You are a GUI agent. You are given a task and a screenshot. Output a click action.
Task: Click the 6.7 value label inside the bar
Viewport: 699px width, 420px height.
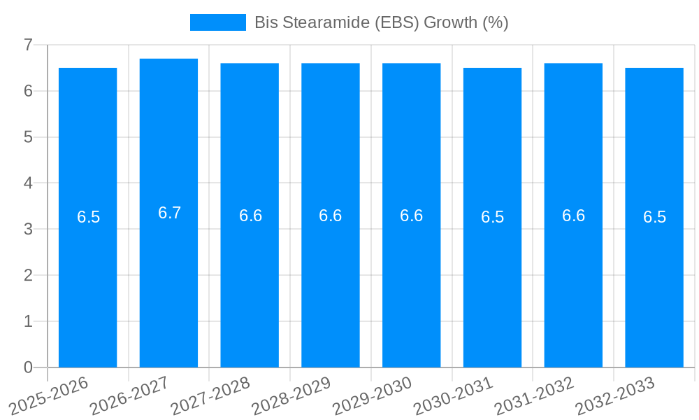click(x=169, y=213)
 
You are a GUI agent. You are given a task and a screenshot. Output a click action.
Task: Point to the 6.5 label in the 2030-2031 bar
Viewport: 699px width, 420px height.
click(x=492, y=217)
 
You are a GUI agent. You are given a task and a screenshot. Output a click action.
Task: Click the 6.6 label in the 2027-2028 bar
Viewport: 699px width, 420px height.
click(x=250, y=216)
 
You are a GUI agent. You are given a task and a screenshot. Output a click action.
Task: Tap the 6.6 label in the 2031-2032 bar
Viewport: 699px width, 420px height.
click(x=573, y=216)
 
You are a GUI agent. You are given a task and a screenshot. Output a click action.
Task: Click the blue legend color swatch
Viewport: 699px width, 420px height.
click(x=217, y=22)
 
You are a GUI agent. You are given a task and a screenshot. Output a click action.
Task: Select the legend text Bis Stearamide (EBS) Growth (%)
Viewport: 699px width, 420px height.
click(x=381, y=22)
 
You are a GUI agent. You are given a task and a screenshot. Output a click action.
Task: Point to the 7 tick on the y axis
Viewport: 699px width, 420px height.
click(x=28, y=45)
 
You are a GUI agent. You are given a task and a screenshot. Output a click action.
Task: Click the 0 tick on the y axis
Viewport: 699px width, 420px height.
click(x=28, y=367)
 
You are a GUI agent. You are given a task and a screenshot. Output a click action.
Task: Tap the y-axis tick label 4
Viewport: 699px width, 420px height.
click(x=28, y=183)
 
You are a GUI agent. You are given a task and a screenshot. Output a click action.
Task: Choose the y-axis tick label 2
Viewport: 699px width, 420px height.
click(x=28, y=275)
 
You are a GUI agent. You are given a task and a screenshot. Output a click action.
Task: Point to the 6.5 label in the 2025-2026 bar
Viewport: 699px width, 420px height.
click(x=88, y=217)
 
